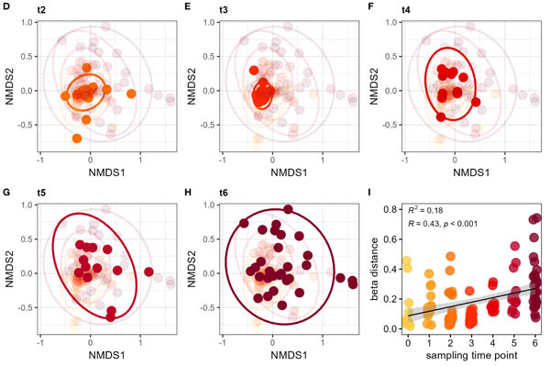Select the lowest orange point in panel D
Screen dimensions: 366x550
coord(77,138)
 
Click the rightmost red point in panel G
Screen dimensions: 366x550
coord(148,272)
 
